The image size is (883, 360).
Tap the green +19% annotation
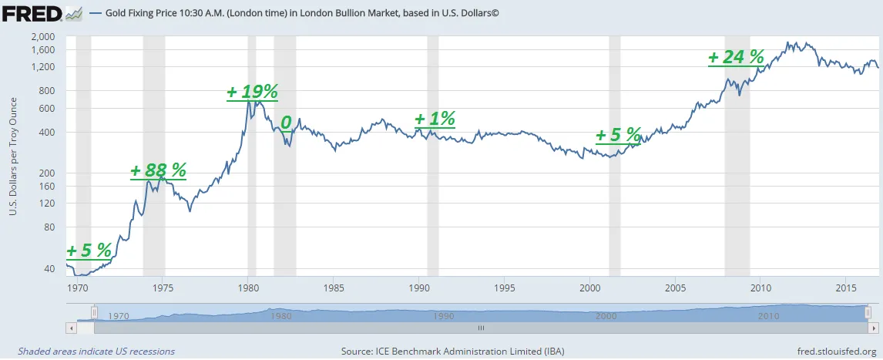252,93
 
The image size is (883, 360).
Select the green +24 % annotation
736,57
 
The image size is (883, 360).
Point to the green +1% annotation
435,119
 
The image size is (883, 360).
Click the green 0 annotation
286,123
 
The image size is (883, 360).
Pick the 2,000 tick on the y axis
45,36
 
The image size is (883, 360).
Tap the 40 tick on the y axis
52,269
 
